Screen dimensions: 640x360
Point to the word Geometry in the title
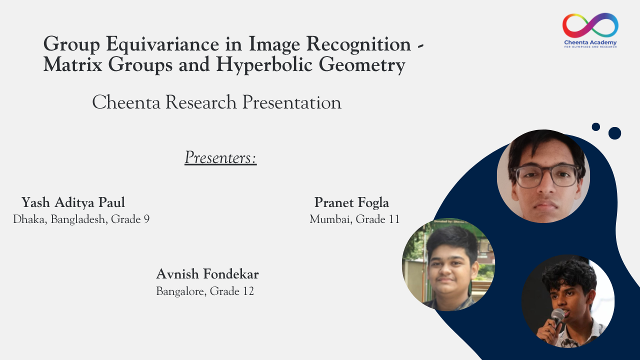pyautogui.click(x=362, y=65)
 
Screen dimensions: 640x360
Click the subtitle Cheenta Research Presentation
pyautogui.click(x=217, y=102)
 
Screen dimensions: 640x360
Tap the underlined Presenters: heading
pyautogui.click(x=220, y=157)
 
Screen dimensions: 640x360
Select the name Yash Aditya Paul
pyautogui.click(x=73, y=202)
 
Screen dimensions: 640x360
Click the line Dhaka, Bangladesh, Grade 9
pyautogui.click(x=81, y=219)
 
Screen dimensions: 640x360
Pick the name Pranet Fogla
pyautogui.click(x=351, y=202)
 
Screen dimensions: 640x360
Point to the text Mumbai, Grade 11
pyautogui.click(x=354, y=219)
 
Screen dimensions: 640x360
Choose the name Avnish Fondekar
pyautogui.click(x=207, y=274)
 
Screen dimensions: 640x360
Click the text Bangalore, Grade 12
pyautogui.click(x=205, y=291)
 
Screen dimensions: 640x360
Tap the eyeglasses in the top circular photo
pyautogui.click(x=545, y=175)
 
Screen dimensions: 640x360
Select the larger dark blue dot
pyautogui.click(x=614, y=133)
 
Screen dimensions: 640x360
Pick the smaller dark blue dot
pyautogui.click(x=595, y=127)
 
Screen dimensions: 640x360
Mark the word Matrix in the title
pyautogui.click(x=72, y=64)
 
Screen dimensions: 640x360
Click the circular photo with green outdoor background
pyautogui.click(x=448, y=264)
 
